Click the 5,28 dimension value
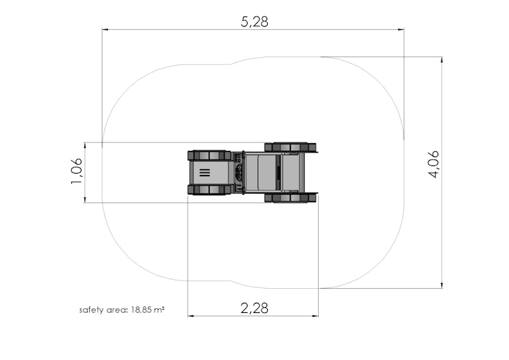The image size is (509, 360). [254, 22]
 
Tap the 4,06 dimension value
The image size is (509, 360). [434, 164]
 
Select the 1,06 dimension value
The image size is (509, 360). [76, 171]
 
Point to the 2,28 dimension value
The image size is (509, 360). [254, 308]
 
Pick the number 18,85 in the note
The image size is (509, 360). [141, 310]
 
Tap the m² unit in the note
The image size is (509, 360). [158, 309]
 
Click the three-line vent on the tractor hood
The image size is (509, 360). [204, 173]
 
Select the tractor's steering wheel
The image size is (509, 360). [240, 172]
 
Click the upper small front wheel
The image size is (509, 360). [207, 155]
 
